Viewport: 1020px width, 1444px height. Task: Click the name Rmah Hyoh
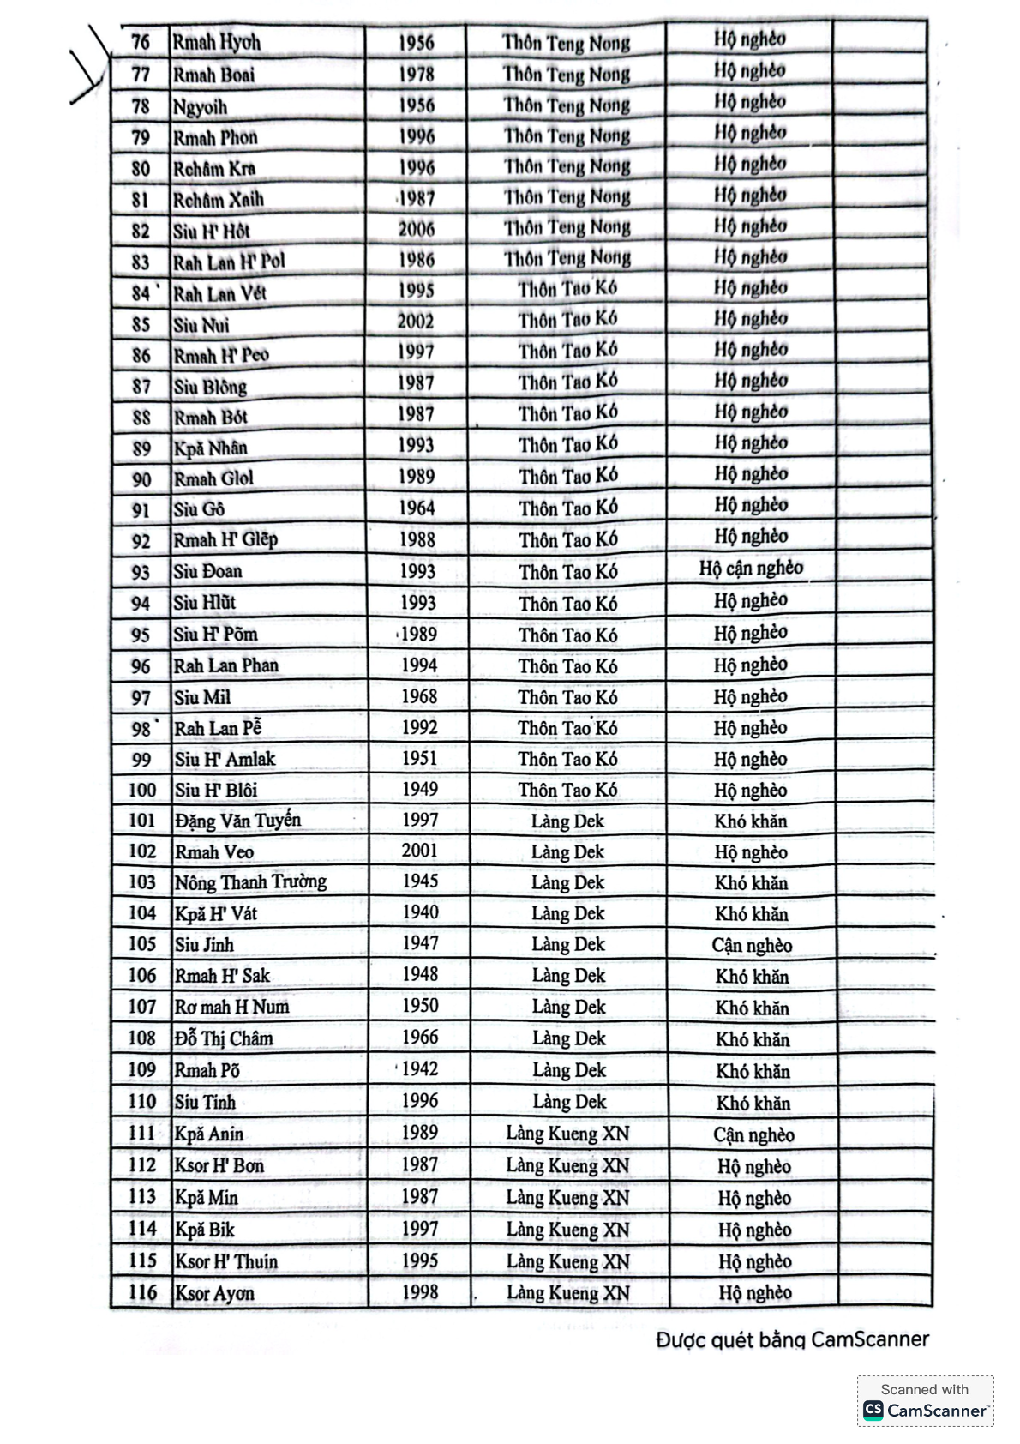click(216, 42)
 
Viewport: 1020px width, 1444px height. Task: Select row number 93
click(141, 572)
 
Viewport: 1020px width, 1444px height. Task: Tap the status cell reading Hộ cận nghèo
click(751, 568)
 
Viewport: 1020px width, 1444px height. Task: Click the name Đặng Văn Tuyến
click(237, 821)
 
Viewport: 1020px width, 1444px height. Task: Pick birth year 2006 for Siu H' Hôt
click(417, 229)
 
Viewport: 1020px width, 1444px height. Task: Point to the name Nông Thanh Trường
click(250, 882)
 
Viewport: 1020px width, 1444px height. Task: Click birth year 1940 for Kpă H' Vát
click(420, 912)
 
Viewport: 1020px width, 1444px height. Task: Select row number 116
click(142, 1292)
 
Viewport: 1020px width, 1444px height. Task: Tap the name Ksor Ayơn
click(214, 1293)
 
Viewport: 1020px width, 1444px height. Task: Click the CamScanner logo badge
click(926, 1401)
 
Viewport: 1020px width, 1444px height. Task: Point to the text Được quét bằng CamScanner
click(792, 1339)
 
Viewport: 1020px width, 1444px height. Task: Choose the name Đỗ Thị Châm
click(224, 1038)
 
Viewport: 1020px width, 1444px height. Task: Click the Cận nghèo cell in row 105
click(752, 945)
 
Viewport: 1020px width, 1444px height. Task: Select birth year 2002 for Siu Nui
click(416, 322)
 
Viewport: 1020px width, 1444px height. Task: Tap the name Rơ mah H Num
click(231, 1007)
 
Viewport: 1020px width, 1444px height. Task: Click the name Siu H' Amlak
click(225, 759)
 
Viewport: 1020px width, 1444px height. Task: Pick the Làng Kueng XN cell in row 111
click(567, 1134)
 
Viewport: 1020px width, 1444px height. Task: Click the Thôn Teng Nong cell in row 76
click(566, 42)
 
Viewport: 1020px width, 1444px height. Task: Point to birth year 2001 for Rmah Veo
click(419, 851)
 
